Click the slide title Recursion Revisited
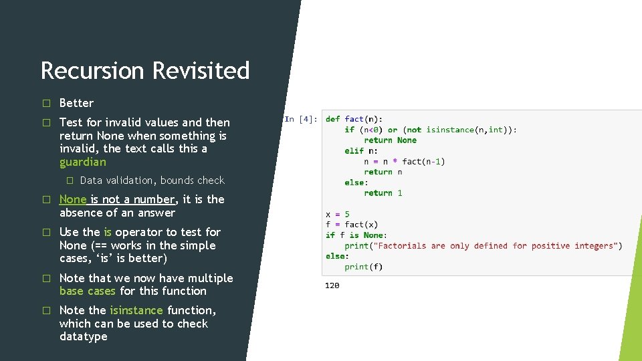pos(145,70)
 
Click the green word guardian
pos(82,162)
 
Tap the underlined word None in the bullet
pos(73,199)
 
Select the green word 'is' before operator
pos(108,232)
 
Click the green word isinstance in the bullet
pos(136,310)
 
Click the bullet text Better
pos(76,103)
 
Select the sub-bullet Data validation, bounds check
pos(152,180)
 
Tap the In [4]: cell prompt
pos(300,119)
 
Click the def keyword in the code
pos(332,119)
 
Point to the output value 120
pos(332,285)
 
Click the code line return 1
pos(383,193)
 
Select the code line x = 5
pos(338,215)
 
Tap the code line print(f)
pos(364,267)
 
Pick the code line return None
pos(390,140)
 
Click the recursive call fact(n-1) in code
pos(423,161)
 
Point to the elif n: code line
pos(361,151)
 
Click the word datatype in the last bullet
pos(83,336)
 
